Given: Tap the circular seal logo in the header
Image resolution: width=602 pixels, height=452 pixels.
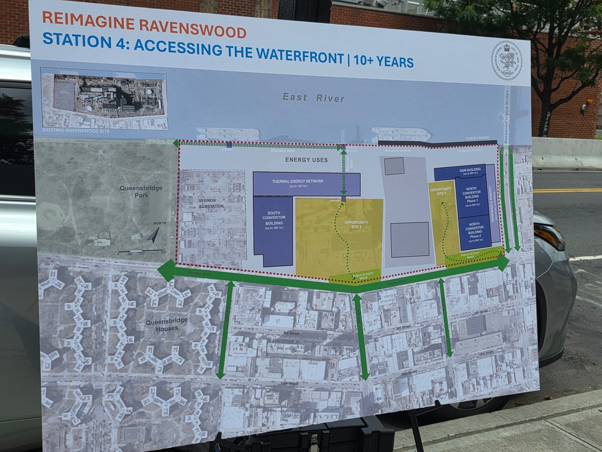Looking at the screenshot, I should click(506, 60).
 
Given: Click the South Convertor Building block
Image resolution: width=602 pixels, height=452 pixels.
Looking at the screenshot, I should click(273, 231).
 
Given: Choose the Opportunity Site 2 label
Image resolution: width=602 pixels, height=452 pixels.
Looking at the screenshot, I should click(356, 224).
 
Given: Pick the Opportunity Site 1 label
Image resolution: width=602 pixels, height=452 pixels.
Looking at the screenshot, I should click(441, 192).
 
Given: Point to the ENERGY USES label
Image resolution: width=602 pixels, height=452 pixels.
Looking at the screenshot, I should click(306, 160).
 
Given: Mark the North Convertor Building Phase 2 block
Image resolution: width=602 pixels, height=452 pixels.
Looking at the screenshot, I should click(475, 233).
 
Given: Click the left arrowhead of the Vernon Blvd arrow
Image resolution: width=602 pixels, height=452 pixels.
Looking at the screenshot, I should click(166, 271).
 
